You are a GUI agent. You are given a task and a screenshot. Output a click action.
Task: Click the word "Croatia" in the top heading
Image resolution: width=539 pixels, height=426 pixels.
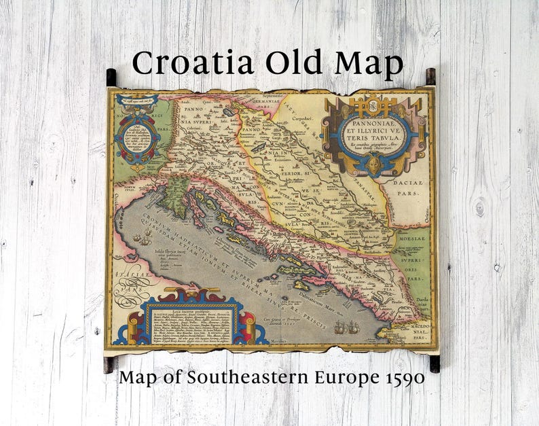191,63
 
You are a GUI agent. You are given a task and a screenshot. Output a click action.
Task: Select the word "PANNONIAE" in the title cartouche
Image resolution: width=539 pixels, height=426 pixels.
375,124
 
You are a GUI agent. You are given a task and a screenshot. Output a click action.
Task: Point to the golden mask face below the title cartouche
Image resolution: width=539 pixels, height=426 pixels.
375,163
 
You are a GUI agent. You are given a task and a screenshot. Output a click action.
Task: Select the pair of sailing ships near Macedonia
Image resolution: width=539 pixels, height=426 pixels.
346,327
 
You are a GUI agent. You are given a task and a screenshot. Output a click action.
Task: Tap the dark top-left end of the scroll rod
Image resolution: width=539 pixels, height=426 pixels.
111,77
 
